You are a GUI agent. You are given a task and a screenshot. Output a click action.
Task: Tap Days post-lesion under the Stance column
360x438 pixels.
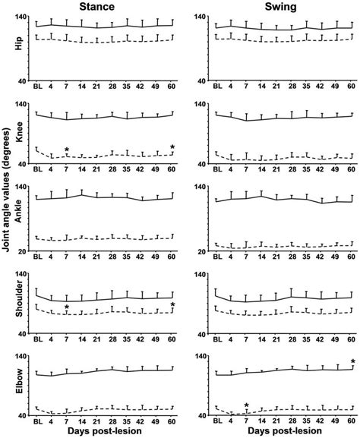[105, 431]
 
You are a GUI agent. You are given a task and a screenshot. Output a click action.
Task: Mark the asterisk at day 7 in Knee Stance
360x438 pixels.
[67, 150]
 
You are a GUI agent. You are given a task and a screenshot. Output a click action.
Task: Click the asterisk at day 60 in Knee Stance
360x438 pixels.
[172, 147]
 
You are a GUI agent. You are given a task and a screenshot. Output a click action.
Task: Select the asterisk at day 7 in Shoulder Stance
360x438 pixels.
[67, 307]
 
